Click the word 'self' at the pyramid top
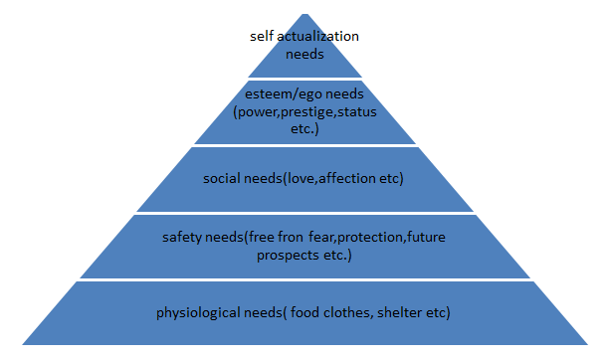click(262, 36)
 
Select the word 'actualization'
click(317, 36)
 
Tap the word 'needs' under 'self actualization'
click(304, 54)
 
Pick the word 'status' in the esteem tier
click(357, 111)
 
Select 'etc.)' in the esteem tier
click(304, 129)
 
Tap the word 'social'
click(222, 178)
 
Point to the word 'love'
click(301, 178)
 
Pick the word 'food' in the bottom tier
click(304, 312)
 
